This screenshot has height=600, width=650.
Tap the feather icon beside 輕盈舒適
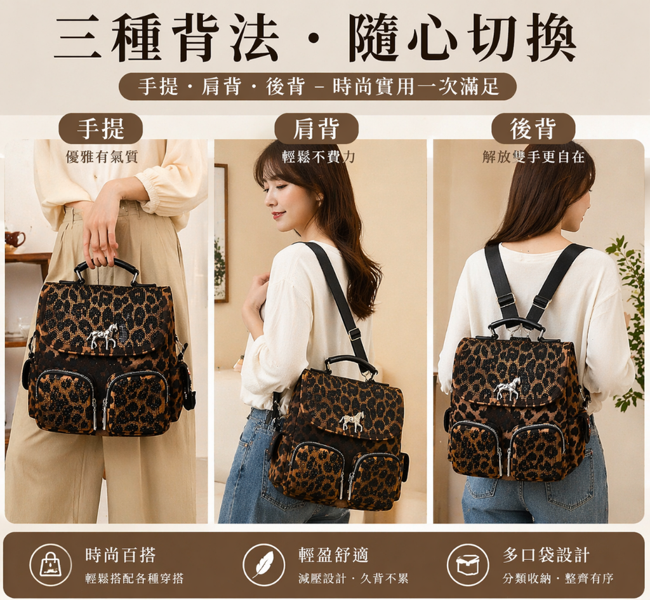(263, 564)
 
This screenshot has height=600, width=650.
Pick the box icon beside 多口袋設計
(468, 564)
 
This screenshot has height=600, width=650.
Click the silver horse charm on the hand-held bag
(102, 336)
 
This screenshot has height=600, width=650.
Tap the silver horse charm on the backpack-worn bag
(507, 389)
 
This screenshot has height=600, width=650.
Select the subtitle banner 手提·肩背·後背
(318, 86)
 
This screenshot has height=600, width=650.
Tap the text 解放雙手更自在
(533, 157)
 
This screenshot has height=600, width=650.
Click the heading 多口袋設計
(546, 555)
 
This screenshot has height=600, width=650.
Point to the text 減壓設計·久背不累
(353, 578)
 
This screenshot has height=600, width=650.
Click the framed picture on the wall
(222, 233)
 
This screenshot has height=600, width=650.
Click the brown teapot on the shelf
(15, 239)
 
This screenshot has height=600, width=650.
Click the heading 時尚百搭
(120, 555)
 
